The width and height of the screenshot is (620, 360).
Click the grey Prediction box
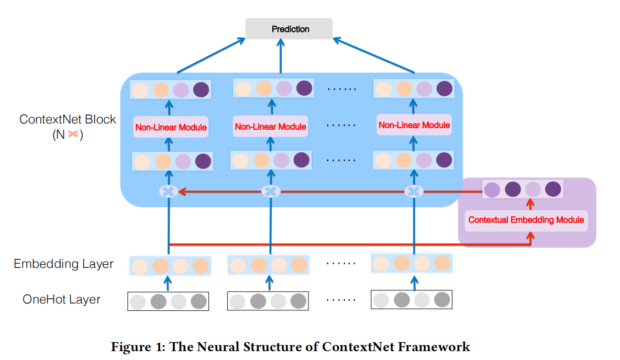coord(290,29)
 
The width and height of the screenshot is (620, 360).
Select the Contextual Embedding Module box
coord(526,220)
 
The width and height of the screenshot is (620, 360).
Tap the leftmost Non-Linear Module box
coord(171,127)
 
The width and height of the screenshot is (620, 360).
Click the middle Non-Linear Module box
coord(270,127)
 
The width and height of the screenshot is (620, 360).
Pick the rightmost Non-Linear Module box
coord(414,126)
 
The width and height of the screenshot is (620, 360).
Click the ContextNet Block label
coord(68,119)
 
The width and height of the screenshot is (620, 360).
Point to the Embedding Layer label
coord(63,264)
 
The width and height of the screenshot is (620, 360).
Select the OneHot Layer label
coord(61,299)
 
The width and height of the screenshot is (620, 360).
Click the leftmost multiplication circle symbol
coord(169,192)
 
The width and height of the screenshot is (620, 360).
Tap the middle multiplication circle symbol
coord(271,192)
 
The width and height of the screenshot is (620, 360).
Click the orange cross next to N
coord(73,134)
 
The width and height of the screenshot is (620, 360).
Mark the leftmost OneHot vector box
coord(168,301)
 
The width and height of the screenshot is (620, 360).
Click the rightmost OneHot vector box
coord(412,300)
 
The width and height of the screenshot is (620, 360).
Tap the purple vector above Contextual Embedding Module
coord(522,189)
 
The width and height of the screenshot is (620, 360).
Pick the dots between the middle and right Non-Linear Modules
coord(341,126)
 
